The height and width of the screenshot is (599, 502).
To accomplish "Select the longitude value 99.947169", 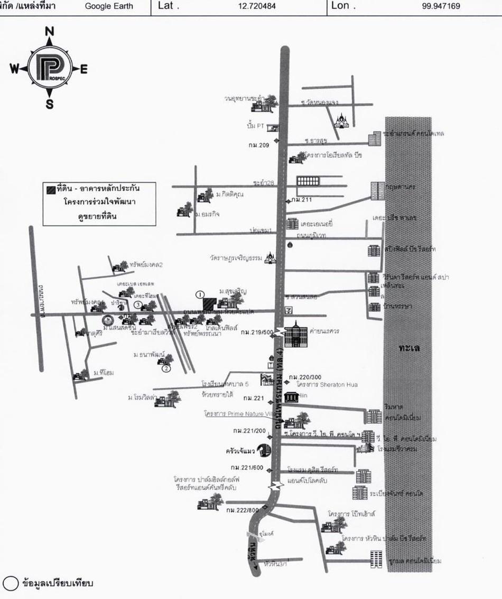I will pyautogui.click(x=441, y=6).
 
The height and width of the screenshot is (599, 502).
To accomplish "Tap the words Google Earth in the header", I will pyautogui.click(x=109, y=6).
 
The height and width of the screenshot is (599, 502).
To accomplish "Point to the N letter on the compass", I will pyautogui.click(x=50, y=32).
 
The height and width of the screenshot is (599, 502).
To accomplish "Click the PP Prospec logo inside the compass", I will pyautogui.click(x=49, y=68).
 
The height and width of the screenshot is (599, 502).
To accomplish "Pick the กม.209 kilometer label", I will pyautogui.click(x=259, y=145).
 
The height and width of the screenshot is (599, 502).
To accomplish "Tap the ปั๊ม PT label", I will pyautogui.click(x=255, y=126).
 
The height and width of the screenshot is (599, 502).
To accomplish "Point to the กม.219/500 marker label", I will pyautogui.click(x=257, y=332).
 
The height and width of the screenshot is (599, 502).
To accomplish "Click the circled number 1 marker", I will pyautogui.click(x=200, y=293).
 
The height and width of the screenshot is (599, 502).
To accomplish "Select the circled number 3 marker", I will pyautogui.click(x=137, y=305).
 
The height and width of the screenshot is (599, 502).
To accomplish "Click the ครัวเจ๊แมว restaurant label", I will pyautogui.click(x=240, y=452).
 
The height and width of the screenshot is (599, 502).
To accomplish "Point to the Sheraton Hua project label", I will pyautogui.click(x=327, y=384).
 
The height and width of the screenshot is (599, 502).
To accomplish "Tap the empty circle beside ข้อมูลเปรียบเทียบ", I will pyautogui.click(x=11, y=583).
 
